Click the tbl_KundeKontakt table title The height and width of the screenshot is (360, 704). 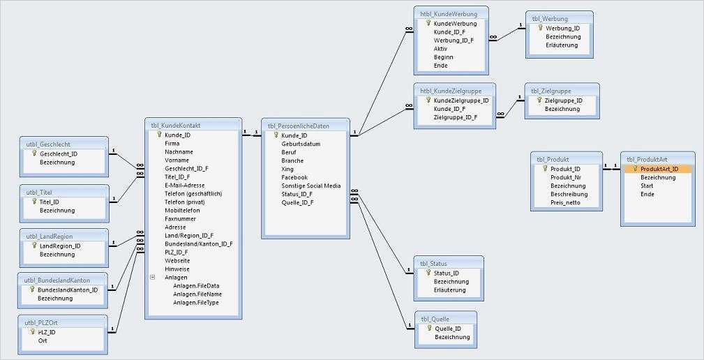point(176,125)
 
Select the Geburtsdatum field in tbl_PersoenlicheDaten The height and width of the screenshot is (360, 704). point(301,144)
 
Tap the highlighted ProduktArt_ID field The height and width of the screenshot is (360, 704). point(659,169)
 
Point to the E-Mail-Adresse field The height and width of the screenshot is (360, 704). point(184,186)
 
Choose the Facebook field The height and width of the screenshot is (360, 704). point(294,177)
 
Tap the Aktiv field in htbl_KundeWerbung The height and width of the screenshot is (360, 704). point(441,49)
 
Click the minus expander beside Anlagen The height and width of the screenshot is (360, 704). point(152,277)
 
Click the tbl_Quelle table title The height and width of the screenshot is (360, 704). point(436,319)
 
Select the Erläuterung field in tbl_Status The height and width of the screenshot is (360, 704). point(451,290)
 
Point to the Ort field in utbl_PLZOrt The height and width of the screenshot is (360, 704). point(43,341)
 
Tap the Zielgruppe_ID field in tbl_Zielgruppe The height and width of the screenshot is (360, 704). point(563,100)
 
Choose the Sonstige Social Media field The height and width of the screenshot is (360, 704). point(310,186)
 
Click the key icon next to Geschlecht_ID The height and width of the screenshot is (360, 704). point(34,153)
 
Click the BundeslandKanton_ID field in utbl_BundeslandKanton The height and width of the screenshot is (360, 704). point(68,290)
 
